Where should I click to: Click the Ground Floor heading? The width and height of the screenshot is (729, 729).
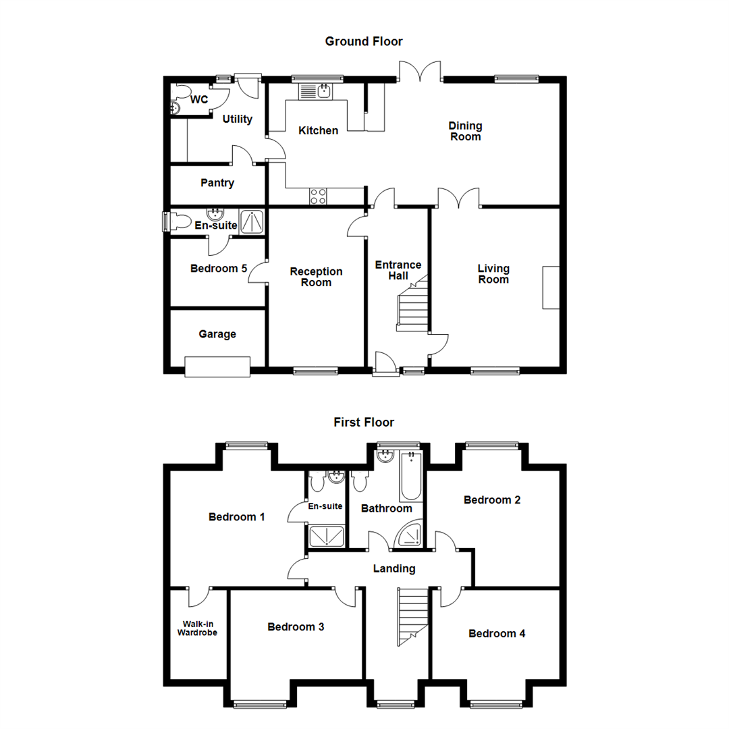364,42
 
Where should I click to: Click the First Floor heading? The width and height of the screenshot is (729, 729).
364,423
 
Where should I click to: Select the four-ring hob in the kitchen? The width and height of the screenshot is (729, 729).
319,196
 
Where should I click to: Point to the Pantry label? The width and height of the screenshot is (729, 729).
217,183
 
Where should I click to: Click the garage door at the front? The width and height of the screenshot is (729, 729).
217,367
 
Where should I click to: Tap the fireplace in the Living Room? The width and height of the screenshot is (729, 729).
551,288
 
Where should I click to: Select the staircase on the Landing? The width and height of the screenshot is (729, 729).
412,615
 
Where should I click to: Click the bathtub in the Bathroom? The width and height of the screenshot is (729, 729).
411,477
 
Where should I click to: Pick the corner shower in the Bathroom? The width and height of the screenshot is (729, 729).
410,534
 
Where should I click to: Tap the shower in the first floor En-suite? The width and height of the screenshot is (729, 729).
326,536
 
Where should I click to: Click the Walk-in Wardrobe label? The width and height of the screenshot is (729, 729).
197,628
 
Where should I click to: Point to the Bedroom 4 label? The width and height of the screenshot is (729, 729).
497,634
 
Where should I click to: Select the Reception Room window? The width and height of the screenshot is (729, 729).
315,370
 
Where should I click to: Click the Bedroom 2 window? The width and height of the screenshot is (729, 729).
491,445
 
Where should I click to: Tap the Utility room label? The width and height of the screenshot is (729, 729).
238,119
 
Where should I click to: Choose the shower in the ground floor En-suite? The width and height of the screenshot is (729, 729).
253,221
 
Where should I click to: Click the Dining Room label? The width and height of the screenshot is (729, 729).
466,131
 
